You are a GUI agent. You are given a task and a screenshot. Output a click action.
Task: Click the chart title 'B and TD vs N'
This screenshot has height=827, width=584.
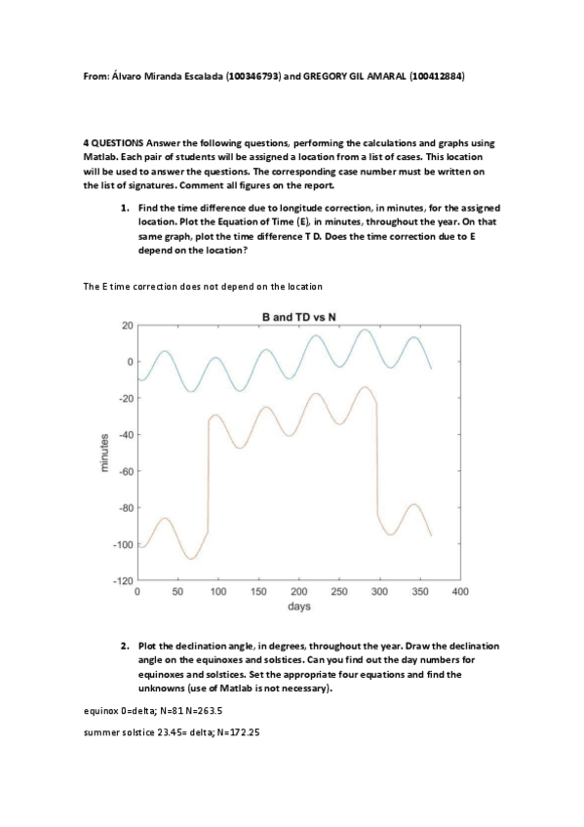[x=299, y=317]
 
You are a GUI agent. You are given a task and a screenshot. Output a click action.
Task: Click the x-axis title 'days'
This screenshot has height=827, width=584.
[x=299, y=607]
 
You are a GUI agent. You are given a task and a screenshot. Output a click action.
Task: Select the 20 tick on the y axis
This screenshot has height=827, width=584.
[x=126, y=325]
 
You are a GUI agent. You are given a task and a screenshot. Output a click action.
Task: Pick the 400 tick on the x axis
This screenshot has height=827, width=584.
[x=461, y=592]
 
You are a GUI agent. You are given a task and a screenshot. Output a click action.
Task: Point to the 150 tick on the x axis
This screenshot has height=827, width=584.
[x=259, y=592]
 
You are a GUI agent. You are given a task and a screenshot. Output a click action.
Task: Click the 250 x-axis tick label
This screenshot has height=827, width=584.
[x=340, y=592]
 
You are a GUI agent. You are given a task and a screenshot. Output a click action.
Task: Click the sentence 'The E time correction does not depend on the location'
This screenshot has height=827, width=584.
[x=204, y=286]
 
